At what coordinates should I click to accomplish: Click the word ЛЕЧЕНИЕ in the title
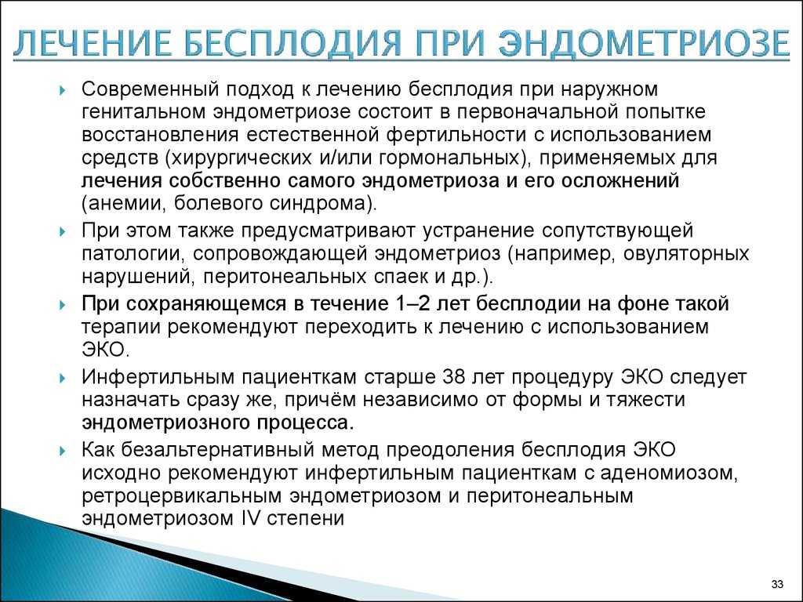93,43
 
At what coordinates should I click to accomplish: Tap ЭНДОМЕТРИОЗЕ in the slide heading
645,43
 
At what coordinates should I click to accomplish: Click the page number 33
777,585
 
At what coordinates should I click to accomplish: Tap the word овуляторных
685,254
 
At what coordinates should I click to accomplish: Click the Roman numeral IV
250,518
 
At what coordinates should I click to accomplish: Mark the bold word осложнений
620,181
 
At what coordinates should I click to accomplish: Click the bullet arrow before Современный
63,91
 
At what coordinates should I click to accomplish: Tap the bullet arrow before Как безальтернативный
63,451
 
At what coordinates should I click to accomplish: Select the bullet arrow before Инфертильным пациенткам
63,379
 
